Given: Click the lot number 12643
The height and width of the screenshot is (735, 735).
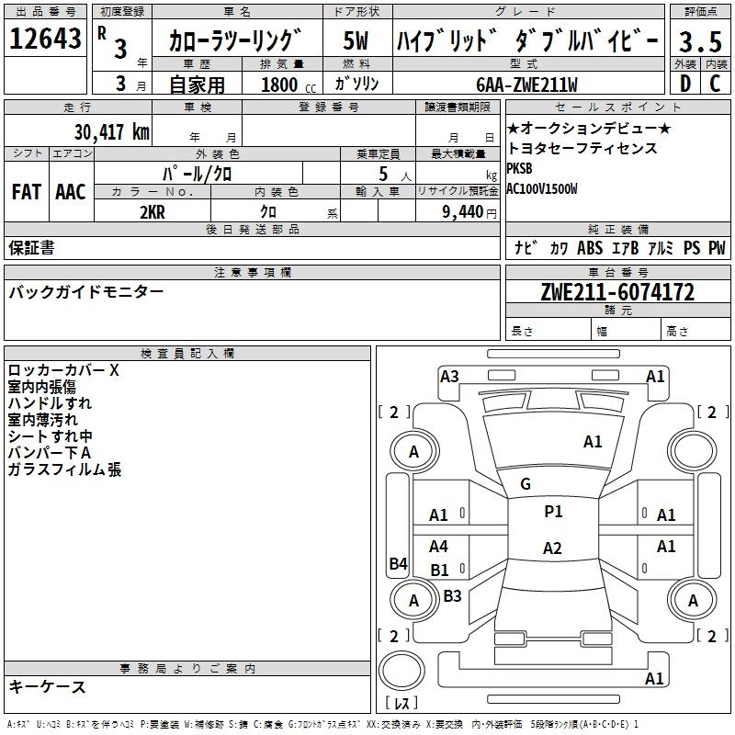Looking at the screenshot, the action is click(45, 39).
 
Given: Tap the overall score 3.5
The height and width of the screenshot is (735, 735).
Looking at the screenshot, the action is click(700, 41).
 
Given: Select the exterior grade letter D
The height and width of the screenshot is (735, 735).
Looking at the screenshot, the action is click(685, 84).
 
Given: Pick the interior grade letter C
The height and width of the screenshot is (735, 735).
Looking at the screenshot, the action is click(715, 84).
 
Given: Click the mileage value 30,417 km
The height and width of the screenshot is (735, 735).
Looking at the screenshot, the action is click(112, 132).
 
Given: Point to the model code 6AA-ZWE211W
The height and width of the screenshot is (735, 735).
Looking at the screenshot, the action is click(526, 85).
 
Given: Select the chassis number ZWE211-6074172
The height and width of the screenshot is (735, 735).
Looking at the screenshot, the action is click(617, 291).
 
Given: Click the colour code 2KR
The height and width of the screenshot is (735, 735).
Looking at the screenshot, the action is click(153, 212).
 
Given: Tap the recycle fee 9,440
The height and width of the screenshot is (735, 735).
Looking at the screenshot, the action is click(463, 212).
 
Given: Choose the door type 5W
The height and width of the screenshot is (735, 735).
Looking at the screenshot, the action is click(356, 40).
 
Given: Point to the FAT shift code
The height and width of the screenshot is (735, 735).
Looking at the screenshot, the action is click(27, 192).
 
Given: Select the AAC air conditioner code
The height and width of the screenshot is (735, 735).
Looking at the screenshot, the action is click(71, 192).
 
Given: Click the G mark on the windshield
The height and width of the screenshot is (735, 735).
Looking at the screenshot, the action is click(526, 484).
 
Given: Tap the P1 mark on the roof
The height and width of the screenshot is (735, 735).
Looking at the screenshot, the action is click(553, 511).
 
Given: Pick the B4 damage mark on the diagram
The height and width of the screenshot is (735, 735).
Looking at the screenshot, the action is click(398, 563).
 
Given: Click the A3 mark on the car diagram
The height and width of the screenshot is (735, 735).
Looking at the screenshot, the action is click(449, 376).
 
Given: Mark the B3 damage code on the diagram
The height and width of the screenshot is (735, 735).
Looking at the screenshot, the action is click(452, 595).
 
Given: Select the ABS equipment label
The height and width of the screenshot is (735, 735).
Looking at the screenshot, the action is click(590, 247).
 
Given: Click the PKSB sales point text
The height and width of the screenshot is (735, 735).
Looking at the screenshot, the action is click(519, 168).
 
